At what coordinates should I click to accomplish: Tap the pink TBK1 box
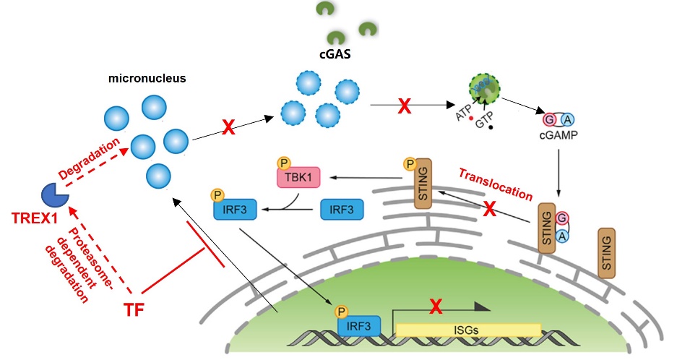click(297, 176)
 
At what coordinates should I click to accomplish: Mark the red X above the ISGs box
click(436, 307)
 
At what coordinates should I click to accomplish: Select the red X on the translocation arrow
click(489, 210)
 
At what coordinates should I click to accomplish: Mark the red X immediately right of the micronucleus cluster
click(228, 128)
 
